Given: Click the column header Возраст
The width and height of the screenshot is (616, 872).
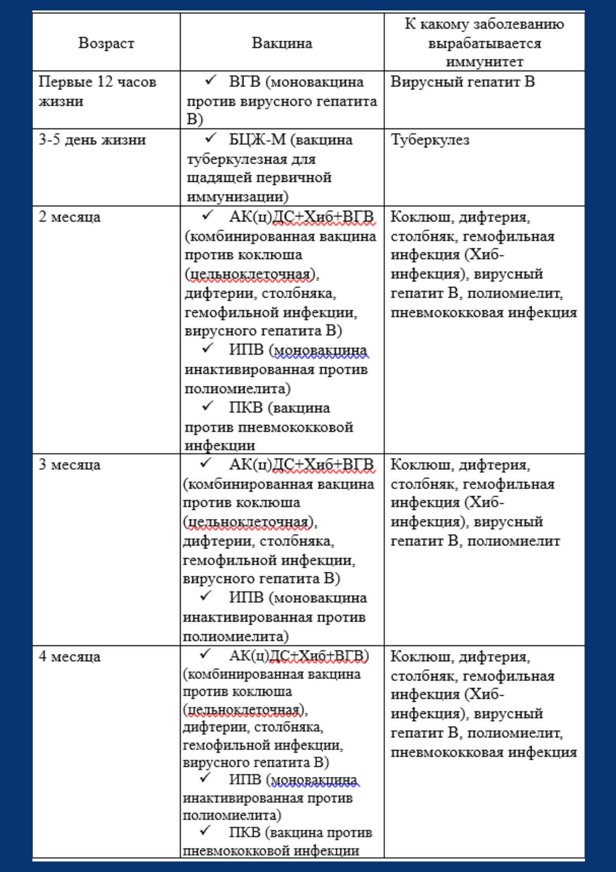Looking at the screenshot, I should coord(106,43).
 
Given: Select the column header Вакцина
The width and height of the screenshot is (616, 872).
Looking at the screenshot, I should coord(282,43).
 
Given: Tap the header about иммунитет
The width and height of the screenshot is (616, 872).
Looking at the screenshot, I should coord(484,43).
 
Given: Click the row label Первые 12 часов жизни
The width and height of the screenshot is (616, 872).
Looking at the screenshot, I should coord(97,92).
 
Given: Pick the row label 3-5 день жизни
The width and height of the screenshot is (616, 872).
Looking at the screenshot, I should coord(92,140).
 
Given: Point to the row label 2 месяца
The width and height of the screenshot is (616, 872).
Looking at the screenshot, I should coord(69,217).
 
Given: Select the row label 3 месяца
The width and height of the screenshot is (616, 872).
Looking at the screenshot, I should coord(69,465).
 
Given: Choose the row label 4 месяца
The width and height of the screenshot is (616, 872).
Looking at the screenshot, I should coord(69,656).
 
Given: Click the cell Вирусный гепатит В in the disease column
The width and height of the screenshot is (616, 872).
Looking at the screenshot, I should coord(462,82).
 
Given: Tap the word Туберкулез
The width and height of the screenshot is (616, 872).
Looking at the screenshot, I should coord(430,140).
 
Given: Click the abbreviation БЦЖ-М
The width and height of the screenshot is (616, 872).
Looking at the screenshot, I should coord(257,140).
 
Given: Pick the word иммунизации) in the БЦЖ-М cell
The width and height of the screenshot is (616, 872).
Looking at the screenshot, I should coord(238,197).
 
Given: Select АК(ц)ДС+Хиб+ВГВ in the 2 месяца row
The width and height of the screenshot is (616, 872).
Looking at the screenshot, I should coord(301,217).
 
